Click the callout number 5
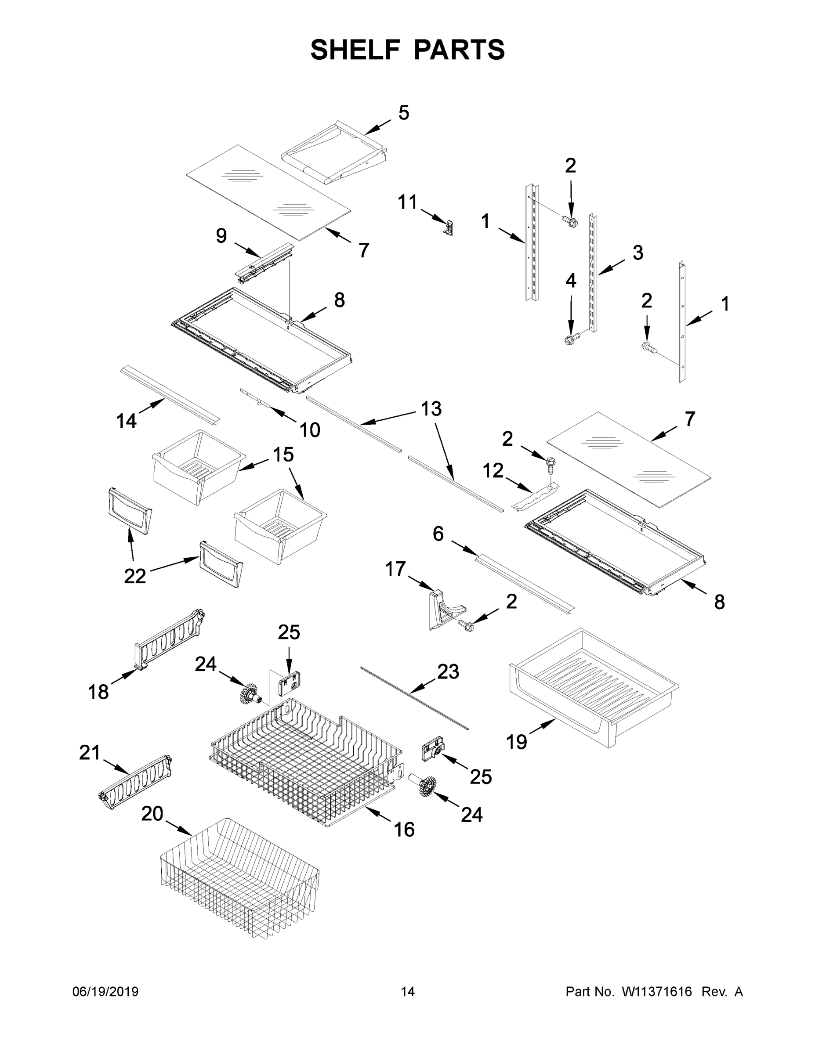pyautogui.click(x=404, y=113)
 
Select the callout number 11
pyautogui.click(x=407, y=202)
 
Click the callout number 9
pyautogui.click(x=221, y=236)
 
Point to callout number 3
pyautogui.click(x=638, y=253)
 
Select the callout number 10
pyautogui.click(x=309, y=430)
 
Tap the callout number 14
pyautogui.click(x=127, y=421)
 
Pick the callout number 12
pyautogui.click(x=493, y=470)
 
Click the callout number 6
pyautogui.click(x=438, y=534)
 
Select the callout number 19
pyautogui.click(x=516, y=742)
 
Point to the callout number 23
pyautogui.click(x=448, y=672)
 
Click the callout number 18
pyautogui.click(x=98, y=692)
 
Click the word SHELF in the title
pyautogui.click(x=355, y=50)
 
